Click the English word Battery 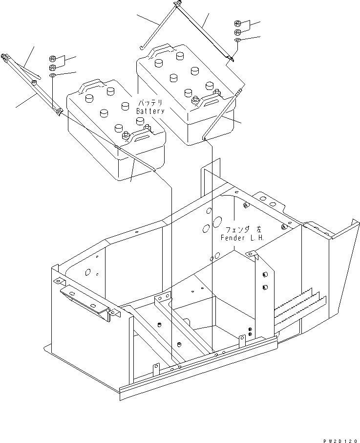(150, 111)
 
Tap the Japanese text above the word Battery (152, 104)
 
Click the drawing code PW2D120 (340, 438)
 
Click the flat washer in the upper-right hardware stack (237, 40)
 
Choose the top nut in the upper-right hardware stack (237, 24)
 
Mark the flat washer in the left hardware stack (53, 76)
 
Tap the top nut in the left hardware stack (53, 58)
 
